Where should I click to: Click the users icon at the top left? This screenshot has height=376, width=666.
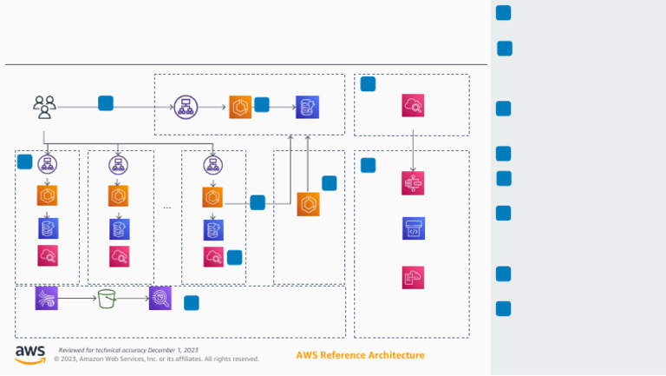click(x=44, y=107)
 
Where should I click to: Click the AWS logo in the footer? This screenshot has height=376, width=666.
click(x=30, y=354)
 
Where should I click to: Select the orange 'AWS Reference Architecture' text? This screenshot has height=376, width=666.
click(x=360, y=355)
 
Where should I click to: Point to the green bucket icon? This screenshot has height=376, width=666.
click(x=107, y=299)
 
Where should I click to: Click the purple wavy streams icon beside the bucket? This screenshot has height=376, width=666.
click(x=47, y=298)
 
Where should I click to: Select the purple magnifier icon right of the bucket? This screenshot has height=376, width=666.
click(x=160, y=298)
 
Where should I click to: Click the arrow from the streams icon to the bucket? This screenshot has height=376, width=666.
click(x=76, y=299)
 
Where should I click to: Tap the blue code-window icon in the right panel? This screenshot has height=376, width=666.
click(x=414, y=228)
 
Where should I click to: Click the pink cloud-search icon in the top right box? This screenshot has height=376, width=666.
click(x=413, y=106)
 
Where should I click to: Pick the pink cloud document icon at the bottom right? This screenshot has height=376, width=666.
click(x=414, y=277)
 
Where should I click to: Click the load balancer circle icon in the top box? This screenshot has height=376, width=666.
click(x=185, y=107)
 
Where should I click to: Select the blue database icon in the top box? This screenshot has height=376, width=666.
click(x=307, y=107)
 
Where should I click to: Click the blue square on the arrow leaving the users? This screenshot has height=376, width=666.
click(x=106, y=103)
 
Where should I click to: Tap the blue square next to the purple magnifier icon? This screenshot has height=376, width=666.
click(x=192, y=303)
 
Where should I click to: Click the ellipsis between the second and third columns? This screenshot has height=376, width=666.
click(x=167, y=208)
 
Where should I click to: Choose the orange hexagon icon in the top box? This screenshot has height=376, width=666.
click(x=240, y=107)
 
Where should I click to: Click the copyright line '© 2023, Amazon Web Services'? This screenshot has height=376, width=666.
click(x=156, y=359)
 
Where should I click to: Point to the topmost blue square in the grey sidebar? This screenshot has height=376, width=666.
click(x=503, y=13)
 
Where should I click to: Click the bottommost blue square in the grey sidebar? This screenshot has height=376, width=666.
click(x=503, y=309)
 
